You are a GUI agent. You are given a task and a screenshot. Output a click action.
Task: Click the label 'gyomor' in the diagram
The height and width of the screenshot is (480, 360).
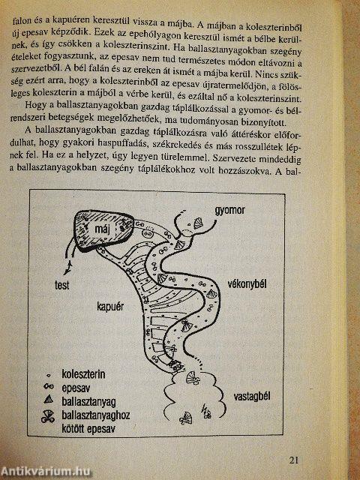(229, 211)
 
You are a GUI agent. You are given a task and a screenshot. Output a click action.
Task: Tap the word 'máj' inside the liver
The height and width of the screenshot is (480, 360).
(103, 229)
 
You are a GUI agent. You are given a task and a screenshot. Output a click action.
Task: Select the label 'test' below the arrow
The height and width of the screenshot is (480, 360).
(61, 285)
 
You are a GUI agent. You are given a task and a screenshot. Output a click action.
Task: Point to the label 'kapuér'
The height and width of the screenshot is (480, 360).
(110, 307)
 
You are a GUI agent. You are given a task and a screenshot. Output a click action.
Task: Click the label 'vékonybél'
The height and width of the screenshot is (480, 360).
(247, 284)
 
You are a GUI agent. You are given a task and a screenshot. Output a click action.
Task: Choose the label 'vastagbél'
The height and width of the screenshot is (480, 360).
(252, 397)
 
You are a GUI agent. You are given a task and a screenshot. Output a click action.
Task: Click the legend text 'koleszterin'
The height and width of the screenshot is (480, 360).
(83, 374)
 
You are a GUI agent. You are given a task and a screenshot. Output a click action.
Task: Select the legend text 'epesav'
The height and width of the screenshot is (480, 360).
(76, 388)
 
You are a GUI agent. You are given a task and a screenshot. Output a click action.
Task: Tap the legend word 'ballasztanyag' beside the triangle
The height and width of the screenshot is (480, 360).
(88, 402)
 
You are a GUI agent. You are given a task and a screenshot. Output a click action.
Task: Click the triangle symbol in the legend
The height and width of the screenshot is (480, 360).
(49, 400)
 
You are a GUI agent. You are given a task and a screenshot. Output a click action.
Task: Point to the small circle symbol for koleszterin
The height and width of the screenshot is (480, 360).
(48, 374)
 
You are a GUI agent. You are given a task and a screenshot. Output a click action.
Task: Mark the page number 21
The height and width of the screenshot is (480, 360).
(293, 460)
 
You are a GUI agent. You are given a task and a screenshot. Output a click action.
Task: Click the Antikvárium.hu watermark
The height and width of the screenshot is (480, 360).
(46, 472)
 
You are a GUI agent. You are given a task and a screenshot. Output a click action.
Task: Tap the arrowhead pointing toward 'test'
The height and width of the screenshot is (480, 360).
(67, 268)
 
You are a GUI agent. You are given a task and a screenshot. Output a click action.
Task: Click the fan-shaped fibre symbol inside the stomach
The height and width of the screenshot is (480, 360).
(198, 222)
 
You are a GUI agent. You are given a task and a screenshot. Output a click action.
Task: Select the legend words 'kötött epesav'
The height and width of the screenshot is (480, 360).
(88, 428)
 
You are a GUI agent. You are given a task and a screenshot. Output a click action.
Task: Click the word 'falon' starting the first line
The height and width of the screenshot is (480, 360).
(21, 22)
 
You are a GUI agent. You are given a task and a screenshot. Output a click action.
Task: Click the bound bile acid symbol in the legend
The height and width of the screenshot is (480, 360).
(48, 416)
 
